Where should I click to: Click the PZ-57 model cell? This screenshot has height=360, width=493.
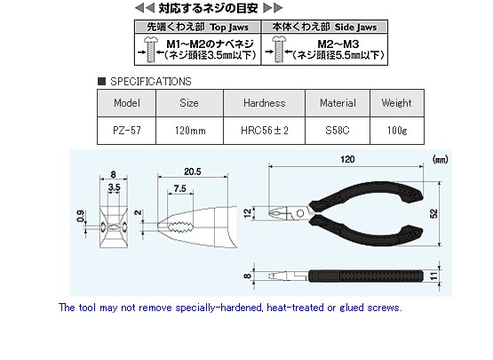[127, 131]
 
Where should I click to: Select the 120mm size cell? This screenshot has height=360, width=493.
[189, 131]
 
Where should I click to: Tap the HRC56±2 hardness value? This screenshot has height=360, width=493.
[265, 131]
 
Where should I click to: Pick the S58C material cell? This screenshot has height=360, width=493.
[338, 131]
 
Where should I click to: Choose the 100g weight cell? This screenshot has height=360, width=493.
[397, 131]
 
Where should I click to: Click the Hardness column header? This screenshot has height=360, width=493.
[265, 103]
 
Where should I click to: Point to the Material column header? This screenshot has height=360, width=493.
[338, 103]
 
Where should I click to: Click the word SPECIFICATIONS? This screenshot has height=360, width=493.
[151, 82]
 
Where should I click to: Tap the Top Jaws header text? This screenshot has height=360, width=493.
[229, 28]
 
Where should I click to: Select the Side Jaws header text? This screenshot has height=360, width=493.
[355, 28]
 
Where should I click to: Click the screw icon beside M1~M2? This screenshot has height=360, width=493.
[151, 50]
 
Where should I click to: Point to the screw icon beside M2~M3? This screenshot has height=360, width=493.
[279, 49]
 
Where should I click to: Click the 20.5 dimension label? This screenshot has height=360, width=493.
[193, 172]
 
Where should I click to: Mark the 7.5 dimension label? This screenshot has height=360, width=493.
[179, 188]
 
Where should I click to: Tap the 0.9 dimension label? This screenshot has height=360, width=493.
[81, 216]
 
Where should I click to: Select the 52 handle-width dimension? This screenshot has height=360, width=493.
[433, 213]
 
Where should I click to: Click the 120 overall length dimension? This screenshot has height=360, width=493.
[347, 159]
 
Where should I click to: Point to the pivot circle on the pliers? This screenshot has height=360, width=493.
[300, 213]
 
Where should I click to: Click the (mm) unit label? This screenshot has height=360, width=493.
[441, 160]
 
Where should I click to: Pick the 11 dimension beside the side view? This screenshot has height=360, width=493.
[433, 276]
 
